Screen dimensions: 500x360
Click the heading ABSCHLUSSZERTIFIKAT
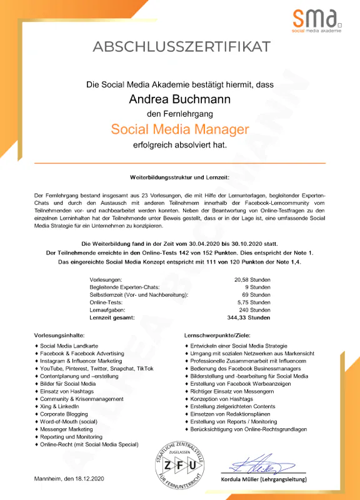click(181, 46)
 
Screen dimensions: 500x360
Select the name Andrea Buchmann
click(180, 99)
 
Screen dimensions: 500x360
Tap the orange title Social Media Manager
click(180, 129)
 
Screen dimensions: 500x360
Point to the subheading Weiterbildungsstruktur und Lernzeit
click(180, 178)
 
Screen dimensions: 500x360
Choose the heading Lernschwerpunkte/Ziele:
click(215, 334)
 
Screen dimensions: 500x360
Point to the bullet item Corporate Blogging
click(64, 414)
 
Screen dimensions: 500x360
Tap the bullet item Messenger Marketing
click(66, 429)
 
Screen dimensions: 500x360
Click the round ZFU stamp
click(180, 464)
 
